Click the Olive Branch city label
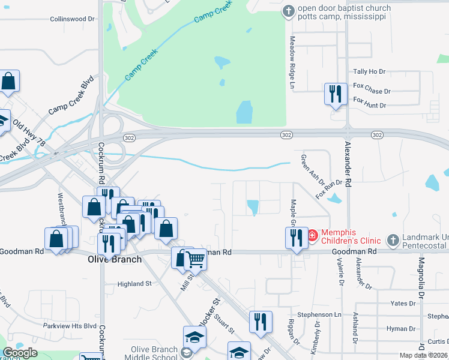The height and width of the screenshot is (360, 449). tap(115, 259)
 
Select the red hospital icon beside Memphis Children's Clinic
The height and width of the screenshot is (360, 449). tap(313, 236)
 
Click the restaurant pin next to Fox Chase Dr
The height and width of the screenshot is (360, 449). tap(335, 94)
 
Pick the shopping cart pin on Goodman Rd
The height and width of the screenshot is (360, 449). tap(195, 259)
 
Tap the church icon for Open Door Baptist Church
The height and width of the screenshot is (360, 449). tap(289, 11)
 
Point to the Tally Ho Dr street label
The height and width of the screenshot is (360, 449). tap(369, 71)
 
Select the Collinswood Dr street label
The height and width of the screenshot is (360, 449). tap(73, 19)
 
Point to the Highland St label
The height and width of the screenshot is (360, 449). tap(135, 284)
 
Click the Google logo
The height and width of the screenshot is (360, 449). tap(20, 352)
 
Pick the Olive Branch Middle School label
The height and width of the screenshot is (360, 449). tap(155, 354)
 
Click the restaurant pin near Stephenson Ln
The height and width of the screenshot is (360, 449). tap(261, 322)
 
